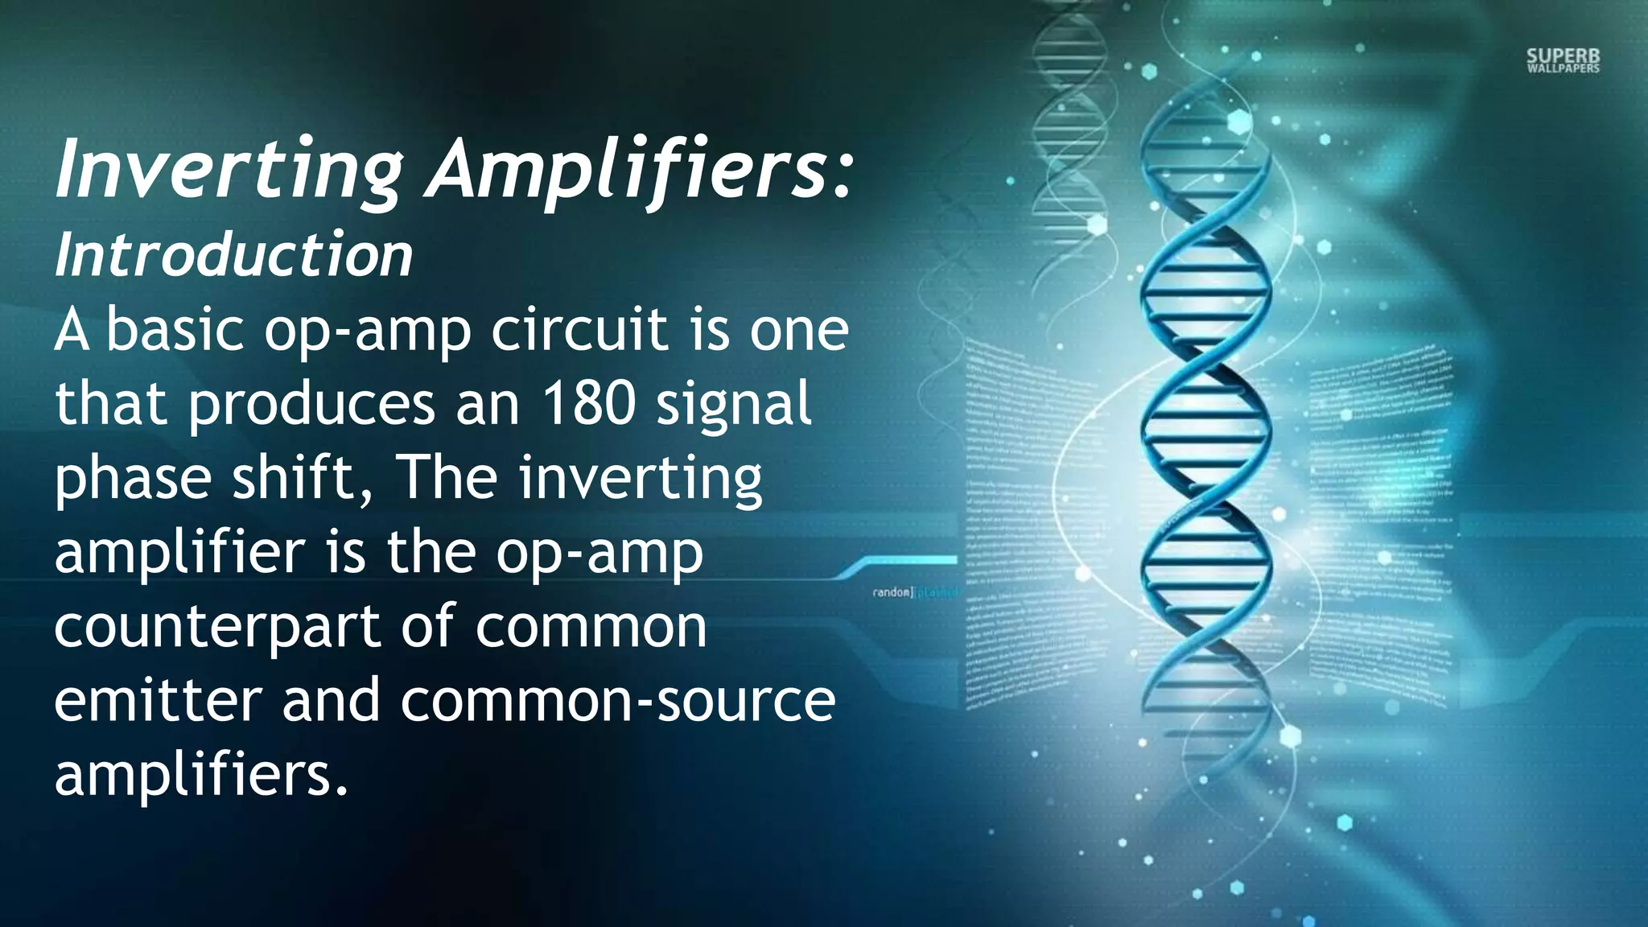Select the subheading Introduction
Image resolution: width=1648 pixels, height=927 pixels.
pyautogui.click(x=233, y=255)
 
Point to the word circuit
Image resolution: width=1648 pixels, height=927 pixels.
pyautogui.click(x=579, y=330)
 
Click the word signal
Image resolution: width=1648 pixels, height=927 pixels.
pyautogui.click(x=733, y=404)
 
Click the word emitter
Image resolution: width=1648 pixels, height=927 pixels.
pyautogui.click(x=158, y=700)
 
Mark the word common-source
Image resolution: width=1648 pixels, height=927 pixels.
pyautogui.click(x=617, y=700)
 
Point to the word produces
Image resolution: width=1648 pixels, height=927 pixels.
pyautogui.click(x=311, y=404)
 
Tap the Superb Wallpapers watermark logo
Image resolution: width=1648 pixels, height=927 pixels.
pyautogui.click(x=1563, y=60)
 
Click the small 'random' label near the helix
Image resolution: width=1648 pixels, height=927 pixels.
pyautogui.click(x=892, y=592)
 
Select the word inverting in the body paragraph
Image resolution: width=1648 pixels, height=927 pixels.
pyautogui.click(x=640, y=477)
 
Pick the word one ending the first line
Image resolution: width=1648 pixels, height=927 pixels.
pyautogui.click(x=799, y=330)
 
